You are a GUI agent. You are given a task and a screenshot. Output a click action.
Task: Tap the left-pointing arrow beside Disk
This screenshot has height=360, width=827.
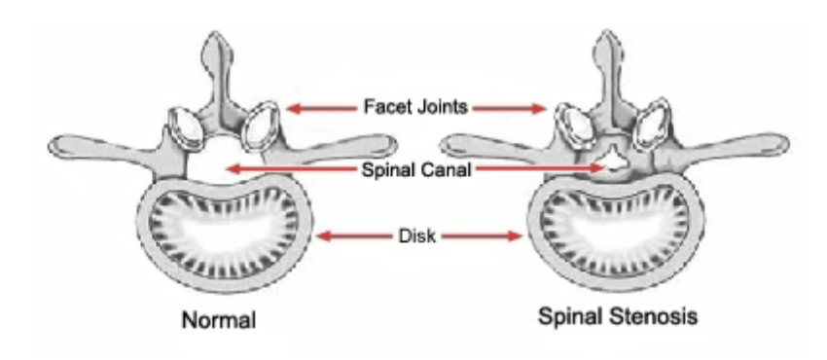355,234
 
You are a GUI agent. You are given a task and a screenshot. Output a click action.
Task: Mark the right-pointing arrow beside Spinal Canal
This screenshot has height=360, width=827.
545,169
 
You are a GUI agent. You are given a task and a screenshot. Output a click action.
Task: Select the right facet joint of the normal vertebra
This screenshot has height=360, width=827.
262,126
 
